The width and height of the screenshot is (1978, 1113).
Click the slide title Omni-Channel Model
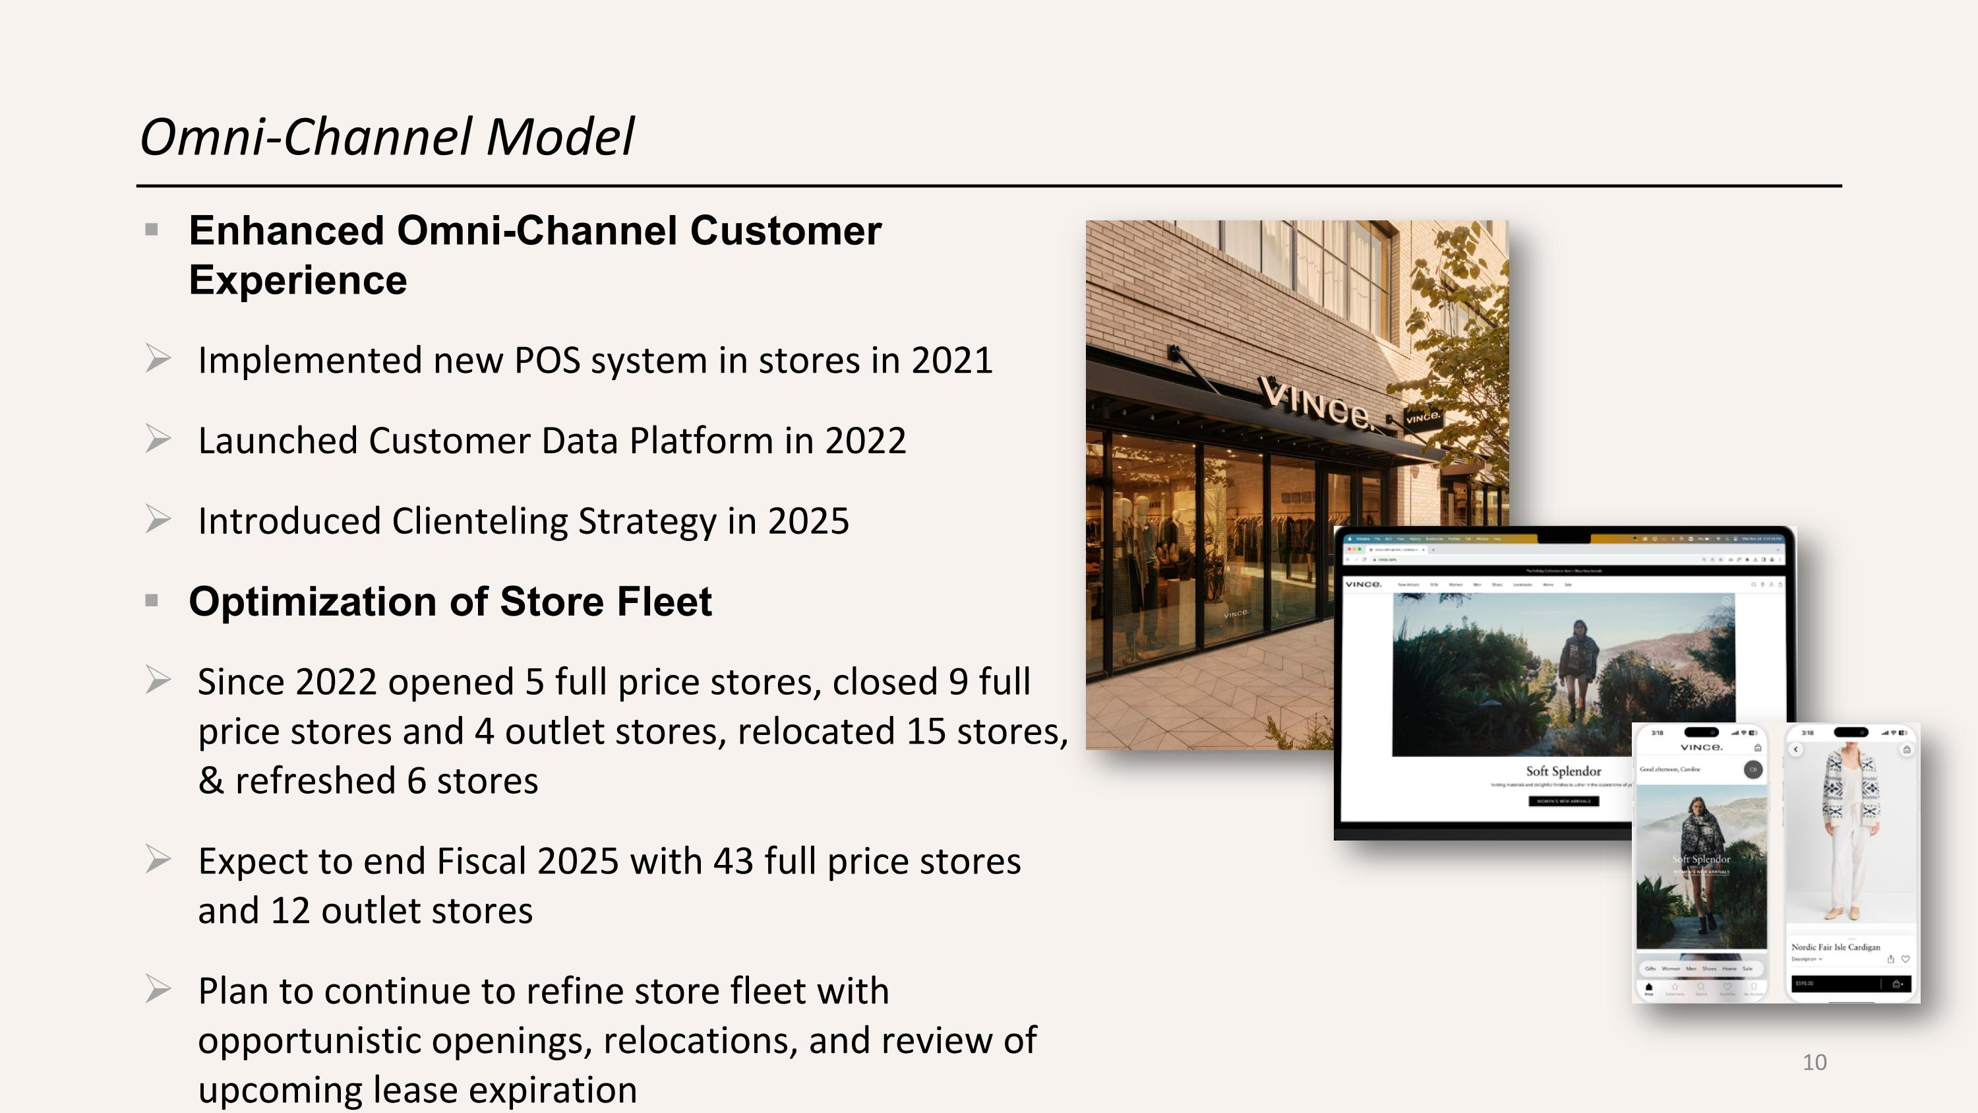pyautogui.click(x=387, y=137)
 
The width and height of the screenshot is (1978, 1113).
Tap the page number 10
pyautogui.click(x=1814, y=1062)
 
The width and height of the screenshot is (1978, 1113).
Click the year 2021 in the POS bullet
pyautogui.click(x=951, y=360)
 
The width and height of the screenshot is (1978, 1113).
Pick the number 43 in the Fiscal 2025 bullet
pyautogui.click(x=733, y=861)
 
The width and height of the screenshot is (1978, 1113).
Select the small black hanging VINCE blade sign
pyautogui.click(x=1422, y=417)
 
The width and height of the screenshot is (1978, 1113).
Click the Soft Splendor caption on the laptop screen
pyautogui.click(x=1563, y=771)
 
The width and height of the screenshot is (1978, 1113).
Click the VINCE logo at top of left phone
pyautogui.click(x=1701, y=747)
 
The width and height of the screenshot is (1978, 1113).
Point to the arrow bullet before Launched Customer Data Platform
pyautogui.click(x=158, y=439)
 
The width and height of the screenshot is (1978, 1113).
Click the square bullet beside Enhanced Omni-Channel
pyautogui.click(x=151, y=230)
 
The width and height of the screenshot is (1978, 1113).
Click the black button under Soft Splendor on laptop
pyautogui.click(x=1563, y=801)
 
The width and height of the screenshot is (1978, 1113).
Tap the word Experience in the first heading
pyautogui.click(x=298, y=280)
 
